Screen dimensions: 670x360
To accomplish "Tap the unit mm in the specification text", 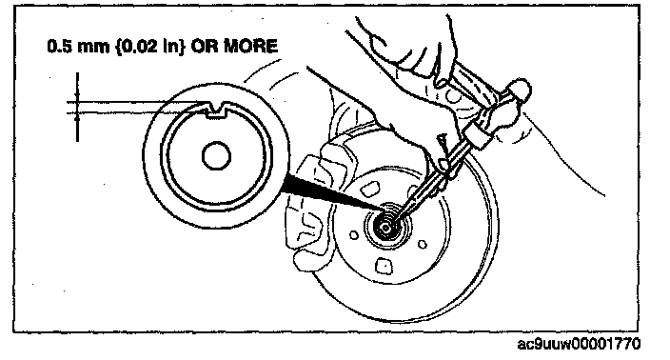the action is (93, 47).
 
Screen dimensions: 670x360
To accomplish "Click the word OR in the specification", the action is (205, 46).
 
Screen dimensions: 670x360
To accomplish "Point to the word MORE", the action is (251, 46).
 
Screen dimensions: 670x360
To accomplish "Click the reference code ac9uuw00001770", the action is (579, 344).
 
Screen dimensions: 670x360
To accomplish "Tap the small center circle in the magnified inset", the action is (216, 156).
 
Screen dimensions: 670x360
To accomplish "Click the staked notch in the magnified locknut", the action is (215, 110).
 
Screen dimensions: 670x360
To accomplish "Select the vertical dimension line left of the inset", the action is (77, 107).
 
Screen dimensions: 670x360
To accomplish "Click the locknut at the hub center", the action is (385, 227).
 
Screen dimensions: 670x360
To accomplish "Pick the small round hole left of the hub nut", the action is (354, 235).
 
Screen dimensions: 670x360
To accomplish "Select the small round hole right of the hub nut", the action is (423, 245).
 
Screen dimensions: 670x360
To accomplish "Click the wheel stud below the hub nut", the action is (384, 267).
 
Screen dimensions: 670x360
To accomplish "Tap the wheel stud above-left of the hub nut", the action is (370, 189).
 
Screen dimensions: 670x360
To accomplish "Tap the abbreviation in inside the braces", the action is (172, 46).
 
